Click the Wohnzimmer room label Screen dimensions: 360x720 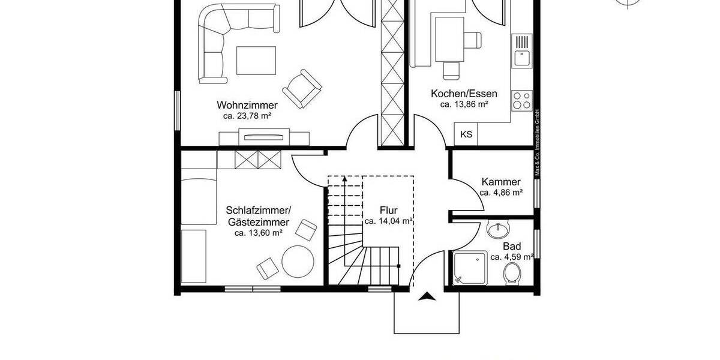239,106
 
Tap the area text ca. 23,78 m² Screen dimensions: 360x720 248,116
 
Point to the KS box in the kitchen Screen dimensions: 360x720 466,134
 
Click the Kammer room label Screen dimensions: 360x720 501,182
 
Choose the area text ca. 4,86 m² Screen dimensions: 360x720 501,193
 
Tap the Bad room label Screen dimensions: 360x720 512,246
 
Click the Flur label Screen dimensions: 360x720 388,210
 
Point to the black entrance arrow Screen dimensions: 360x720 427,296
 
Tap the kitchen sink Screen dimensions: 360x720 521,52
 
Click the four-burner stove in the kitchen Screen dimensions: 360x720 521,100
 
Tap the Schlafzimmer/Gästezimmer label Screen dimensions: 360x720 259,216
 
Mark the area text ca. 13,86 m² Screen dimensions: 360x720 464,104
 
